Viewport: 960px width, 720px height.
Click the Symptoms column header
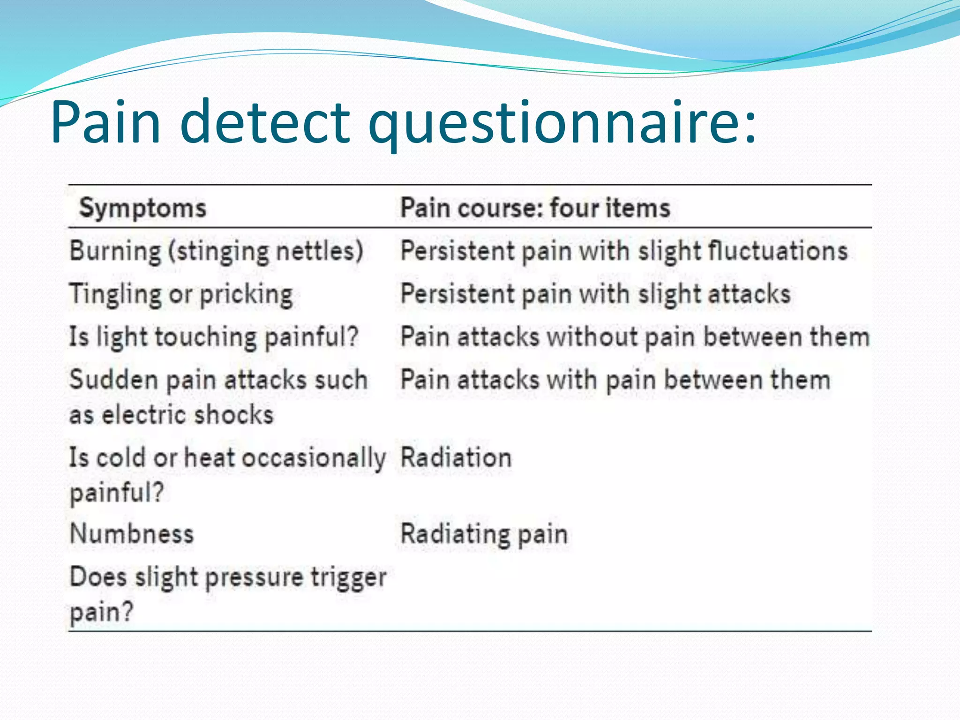142,208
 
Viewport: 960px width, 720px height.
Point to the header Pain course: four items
535,208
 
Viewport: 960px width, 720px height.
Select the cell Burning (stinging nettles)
216,251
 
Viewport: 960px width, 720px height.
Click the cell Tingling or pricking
181,294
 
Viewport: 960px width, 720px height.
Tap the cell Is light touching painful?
214,337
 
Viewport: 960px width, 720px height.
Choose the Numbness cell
131,534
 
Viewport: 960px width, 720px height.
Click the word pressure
254,577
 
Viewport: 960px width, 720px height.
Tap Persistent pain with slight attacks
595,294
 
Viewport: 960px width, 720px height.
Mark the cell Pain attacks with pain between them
615,380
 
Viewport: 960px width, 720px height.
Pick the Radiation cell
456,457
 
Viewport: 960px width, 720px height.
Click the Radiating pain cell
484,534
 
